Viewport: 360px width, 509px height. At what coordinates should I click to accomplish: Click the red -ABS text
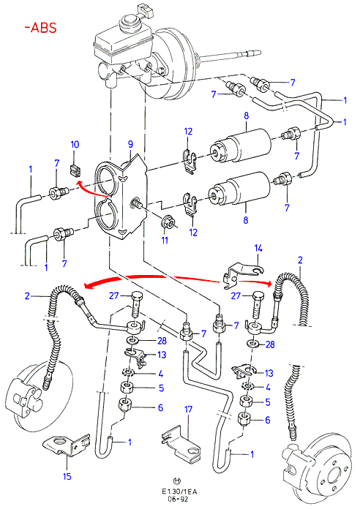tap(41, 28)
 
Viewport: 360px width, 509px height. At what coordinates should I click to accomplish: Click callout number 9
tap(130, 144)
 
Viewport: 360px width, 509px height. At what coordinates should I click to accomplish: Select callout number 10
tap(75, 144)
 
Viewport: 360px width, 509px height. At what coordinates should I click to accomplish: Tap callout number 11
tap(165, 240)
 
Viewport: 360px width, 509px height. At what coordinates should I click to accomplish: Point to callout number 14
tap(258, 249)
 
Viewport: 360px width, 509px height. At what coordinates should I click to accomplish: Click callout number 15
tap(67, 477)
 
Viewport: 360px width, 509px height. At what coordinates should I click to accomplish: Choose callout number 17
tap(189, 410)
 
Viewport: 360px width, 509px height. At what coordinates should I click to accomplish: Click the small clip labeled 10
tap(75, 170)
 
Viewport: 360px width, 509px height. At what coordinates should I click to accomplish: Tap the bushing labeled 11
tap(168, 221)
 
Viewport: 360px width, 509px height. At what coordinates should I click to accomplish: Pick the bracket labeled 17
tap(181, 444)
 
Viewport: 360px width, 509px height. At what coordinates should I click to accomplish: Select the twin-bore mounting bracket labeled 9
tap(121, 197)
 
